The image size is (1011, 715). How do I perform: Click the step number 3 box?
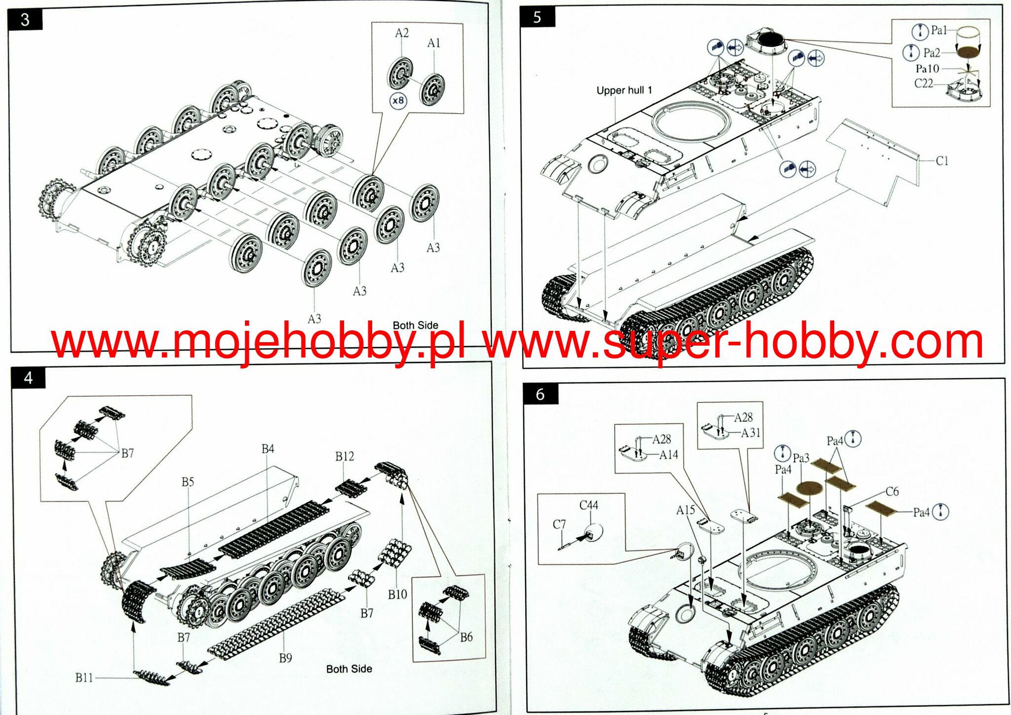(25, 20)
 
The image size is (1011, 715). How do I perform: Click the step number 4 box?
(29, 378)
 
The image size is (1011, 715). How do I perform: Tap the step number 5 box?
(538, 17)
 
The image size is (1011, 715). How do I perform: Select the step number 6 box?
(541, 394)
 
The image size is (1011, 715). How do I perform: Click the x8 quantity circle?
(398, 101)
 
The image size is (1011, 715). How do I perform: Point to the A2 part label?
(402, 33)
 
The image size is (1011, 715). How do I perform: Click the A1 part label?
(433, 43)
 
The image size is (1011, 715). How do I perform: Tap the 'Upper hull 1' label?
(624, 90)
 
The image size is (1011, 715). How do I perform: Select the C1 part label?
(942, 161)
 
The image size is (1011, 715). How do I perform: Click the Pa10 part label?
(927, 69)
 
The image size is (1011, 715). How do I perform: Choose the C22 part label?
(924, 83)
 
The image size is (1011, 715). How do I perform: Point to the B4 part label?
(268, 449)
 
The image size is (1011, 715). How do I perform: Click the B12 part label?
(345, 456)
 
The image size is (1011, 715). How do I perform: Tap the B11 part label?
(84, 678)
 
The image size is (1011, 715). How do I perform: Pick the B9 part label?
(285, 658)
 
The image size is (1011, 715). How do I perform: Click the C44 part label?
(588, 505)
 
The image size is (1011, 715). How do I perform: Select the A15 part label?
(685, 510)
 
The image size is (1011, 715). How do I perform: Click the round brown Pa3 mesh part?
(810, 488)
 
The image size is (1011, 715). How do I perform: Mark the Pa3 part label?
(801, 458)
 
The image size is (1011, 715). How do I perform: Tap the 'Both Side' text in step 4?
(349, 669)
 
